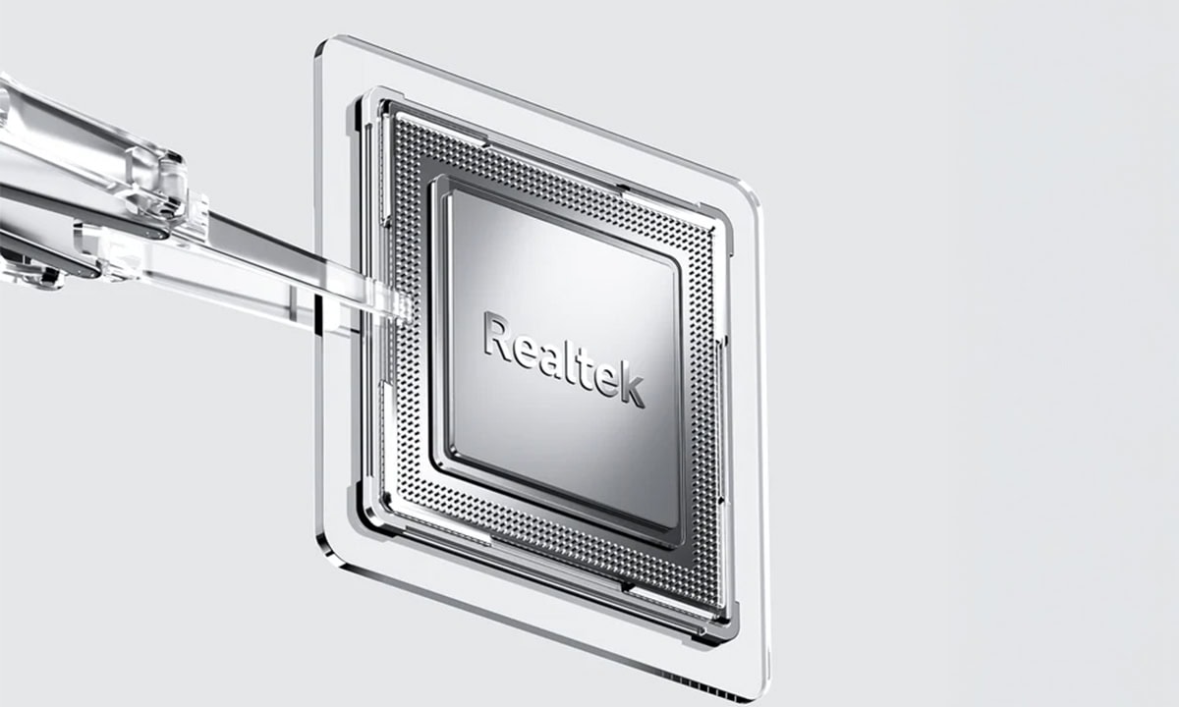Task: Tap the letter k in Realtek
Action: pyautogui.click(x=634, y=387)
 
